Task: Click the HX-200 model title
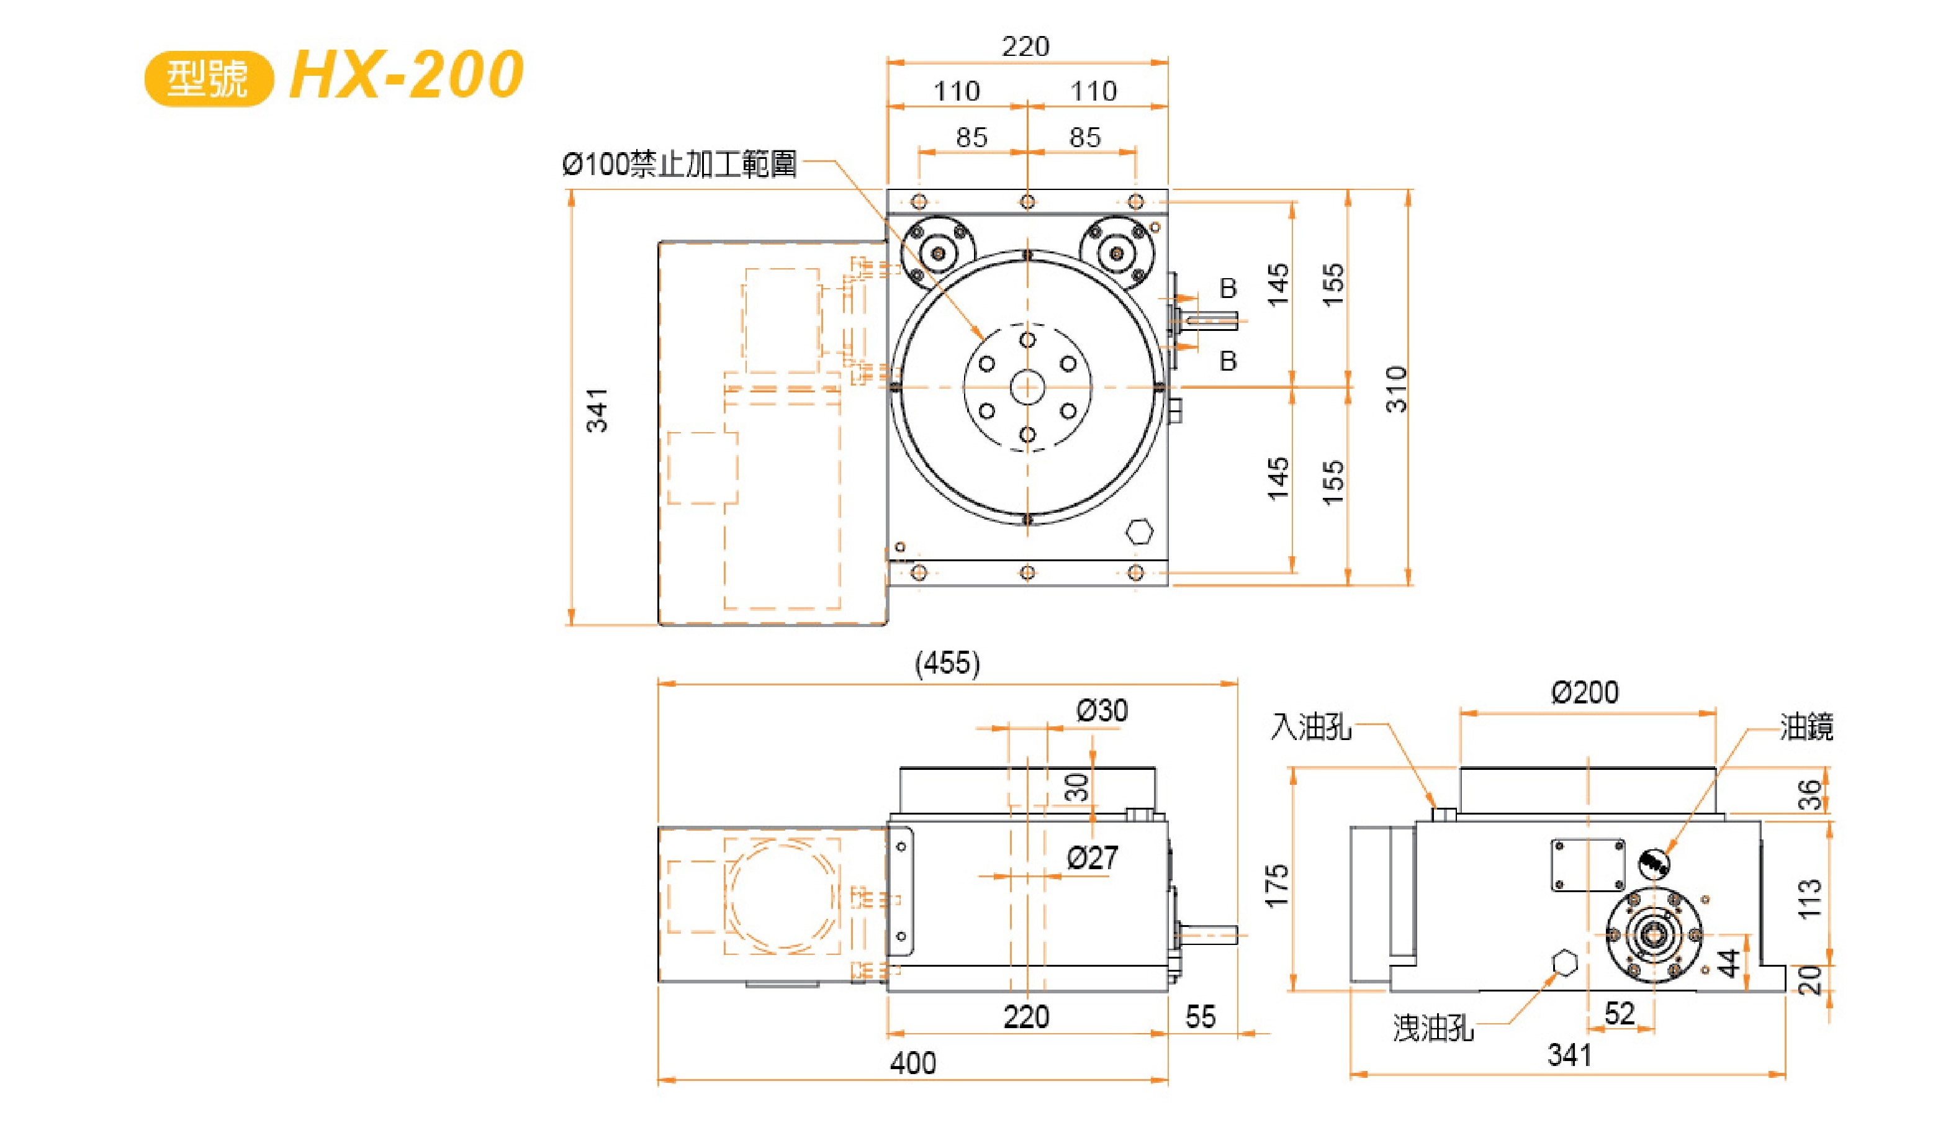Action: [407, 75]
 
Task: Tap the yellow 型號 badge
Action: [209, 78]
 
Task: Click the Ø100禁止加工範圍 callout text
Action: [679, 164]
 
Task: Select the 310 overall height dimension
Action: [1395, 389]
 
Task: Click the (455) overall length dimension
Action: [947, 663]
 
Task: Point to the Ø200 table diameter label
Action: [1584, 692]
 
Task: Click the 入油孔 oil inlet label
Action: [1311, 726]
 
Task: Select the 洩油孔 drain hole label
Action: [1433, 1028]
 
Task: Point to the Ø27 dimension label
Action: [1093, 857]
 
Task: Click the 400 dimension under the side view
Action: [913, 1063]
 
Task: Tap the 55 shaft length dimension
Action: [1201, 1017]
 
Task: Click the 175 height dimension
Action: [1277, 885]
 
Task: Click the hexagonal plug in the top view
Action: [1138, 531]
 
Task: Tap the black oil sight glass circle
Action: [1653, 862]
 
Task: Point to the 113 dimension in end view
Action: [1810, 898]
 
